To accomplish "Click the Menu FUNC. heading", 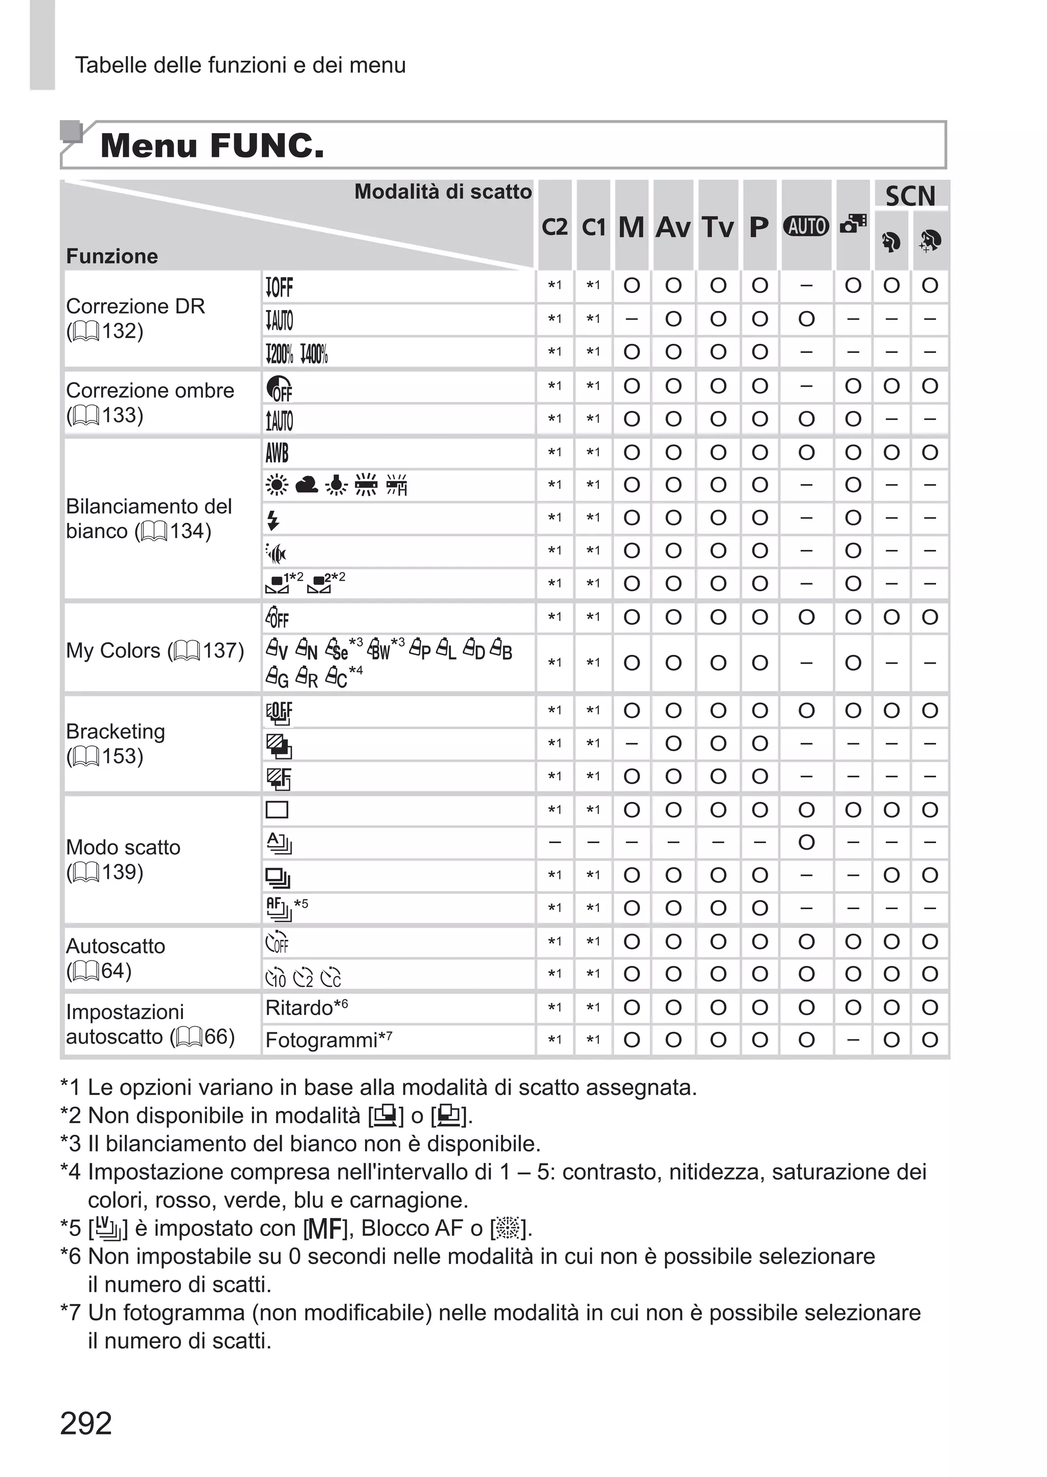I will (x=213, y=145).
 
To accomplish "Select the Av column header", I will (x=673, y=227).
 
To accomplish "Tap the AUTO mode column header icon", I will (x=806, y=227).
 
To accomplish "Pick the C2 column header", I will (x=555, y=227).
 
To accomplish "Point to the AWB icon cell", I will (x=277, y=453).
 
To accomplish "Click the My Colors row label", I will (x=155, y=650).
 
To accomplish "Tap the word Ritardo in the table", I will (x=299, y=1007).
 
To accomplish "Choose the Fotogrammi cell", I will (x=321, y=1040).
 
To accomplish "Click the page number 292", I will (x=86, y=1423).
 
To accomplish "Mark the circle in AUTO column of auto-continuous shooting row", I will (x=806, y=842).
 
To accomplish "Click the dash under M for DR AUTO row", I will (x=632, y=319).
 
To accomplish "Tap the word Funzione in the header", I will (x=112, y=256).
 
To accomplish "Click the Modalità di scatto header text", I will (x=443, y=191).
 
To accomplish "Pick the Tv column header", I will (x=718, y=227).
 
